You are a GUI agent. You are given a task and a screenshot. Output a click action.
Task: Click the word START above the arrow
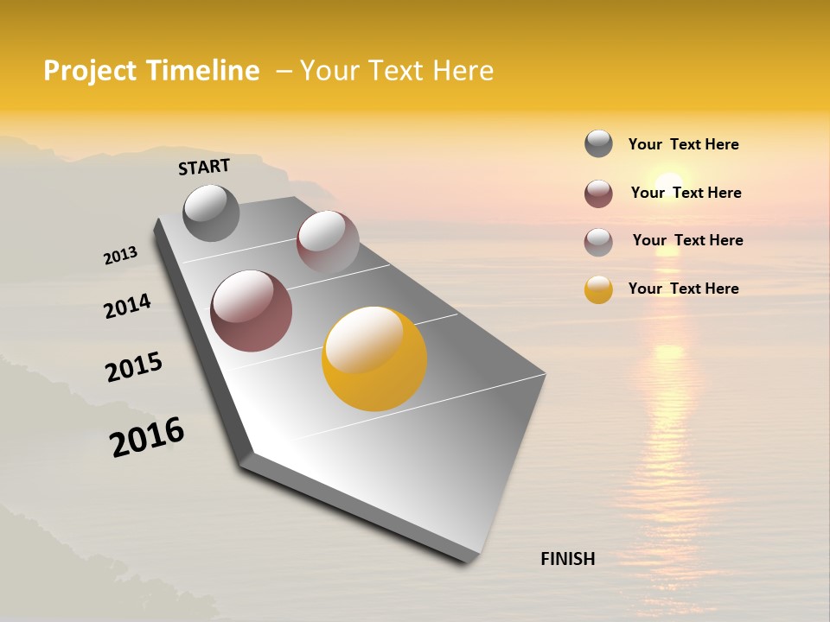point(204,167)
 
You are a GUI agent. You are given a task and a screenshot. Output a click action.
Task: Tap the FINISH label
point(568,559)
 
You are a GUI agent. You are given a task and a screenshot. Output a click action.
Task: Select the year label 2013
point(121,256)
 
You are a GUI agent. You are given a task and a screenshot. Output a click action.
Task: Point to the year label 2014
point(127,307)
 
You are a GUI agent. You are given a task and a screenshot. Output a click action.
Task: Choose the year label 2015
point(134,367)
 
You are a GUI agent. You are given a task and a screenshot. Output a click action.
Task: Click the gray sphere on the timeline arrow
point(212,213)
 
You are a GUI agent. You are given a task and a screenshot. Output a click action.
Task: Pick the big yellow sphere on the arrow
point(374,359)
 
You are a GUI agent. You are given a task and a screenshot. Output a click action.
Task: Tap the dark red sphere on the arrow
point(252,311)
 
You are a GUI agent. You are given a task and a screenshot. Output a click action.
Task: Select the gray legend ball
point(598,144)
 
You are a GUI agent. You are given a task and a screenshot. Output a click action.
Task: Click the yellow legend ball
point(598,289)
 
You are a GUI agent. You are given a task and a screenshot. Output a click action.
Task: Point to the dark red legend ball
point(598,194)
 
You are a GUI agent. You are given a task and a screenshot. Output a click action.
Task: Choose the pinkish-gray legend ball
point(598,242)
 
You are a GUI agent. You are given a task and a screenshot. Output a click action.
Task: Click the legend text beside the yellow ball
point(683,289)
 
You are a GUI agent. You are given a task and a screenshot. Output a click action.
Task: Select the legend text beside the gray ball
point(683,144)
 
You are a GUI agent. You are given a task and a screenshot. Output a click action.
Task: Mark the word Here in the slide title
point(463,71)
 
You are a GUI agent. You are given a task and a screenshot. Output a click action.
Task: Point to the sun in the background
point(667,187)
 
